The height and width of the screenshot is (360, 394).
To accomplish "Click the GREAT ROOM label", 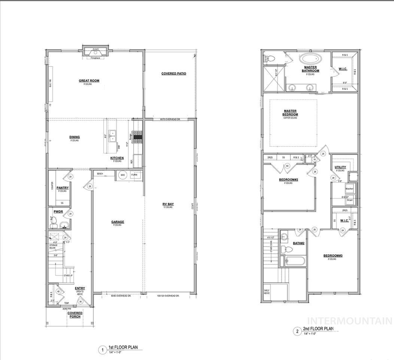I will [89, 81].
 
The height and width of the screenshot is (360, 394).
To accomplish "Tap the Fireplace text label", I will [95, 58].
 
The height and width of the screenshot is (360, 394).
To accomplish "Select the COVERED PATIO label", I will [173, 73].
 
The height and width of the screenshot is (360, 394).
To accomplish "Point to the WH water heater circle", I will [122, 175].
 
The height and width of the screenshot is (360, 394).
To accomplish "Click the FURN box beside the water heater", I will [134, 175].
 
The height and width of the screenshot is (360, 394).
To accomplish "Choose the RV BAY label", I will [168, 204].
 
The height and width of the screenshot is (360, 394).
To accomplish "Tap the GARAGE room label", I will [117, 222].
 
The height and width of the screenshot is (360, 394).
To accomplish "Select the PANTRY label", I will [63, 188].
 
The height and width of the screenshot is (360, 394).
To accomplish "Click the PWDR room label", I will [58, 212].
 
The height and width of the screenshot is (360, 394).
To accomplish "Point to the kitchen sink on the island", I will [112, 136].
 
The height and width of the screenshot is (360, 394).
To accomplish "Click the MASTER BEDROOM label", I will [290, 113].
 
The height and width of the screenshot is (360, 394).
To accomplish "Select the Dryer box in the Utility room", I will [350, 200].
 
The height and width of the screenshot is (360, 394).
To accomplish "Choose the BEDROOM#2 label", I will [288, 180].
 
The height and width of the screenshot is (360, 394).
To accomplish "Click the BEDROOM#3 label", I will [333, 255].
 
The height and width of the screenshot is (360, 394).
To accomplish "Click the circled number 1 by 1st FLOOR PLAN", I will [102, 351].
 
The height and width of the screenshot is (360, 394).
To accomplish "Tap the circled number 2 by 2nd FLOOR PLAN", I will [297, 331].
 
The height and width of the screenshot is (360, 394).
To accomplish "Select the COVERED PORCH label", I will [75, 315].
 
